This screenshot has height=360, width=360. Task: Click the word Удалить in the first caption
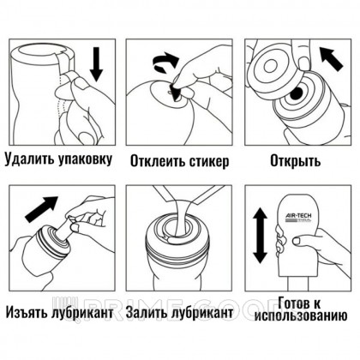[x=28, y=159]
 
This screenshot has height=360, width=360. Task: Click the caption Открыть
[x=296, y=161]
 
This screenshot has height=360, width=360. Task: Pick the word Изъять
[x=27, y=313]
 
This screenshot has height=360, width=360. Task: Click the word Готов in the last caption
[x=295, y=303]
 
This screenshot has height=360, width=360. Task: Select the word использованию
[x=301, y=316]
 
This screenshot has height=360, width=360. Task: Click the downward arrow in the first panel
[x=97, y=64]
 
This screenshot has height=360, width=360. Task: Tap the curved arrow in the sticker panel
[x=165, y=63]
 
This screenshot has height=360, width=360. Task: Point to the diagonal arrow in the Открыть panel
[x=331, y=59]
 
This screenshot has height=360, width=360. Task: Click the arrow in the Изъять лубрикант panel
[x=41, y=209]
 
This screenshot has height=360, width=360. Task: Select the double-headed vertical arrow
[x=261, y=236]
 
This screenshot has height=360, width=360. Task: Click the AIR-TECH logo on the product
[x=298, y=218]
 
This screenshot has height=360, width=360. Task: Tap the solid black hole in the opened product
[x=297, y=93]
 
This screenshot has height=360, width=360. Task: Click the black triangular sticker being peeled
[x=174, y=91]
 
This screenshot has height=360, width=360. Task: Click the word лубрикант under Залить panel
[x=202, y=313]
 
